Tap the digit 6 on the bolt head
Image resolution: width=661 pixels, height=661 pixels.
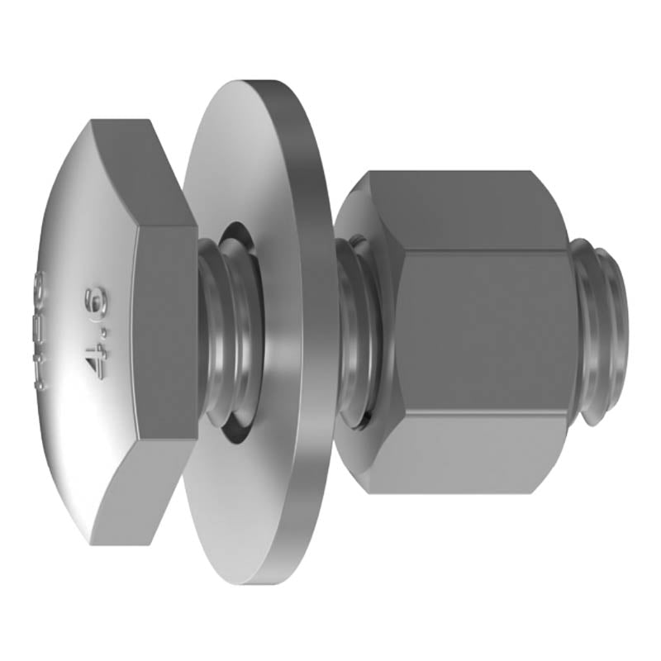coord(85,297)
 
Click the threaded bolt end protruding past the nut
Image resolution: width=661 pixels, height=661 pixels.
coord(603,330)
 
